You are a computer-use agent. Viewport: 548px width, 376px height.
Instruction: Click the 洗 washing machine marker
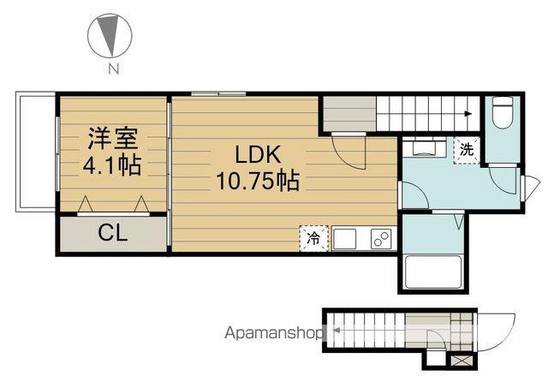467,148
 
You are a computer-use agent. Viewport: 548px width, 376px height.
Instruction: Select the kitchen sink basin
348,238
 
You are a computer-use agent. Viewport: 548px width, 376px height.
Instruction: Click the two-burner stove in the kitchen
381,238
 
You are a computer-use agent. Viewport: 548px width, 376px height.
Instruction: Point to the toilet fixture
503,114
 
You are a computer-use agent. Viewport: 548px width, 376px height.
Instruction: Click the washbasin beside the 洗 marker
424,146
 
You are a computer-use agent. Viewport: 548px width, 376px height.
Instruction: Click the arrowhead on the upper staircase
468,112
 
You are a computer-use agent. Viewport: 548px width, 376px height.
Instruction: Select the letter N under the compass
112,69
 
